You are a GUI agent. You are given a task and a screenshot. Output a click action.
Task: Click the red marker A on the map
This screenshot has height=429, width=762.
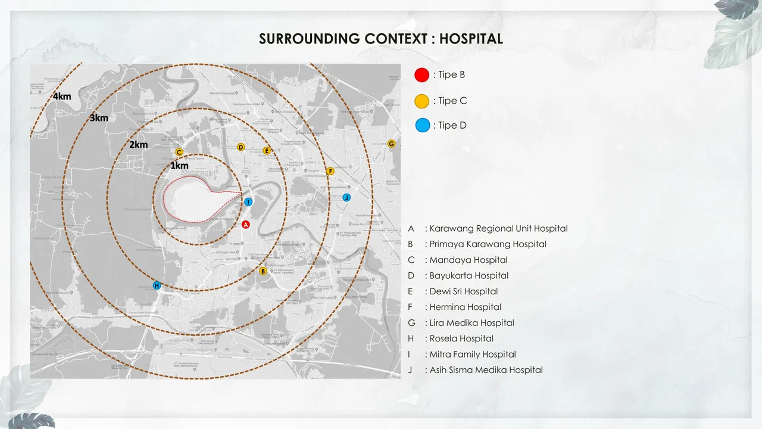tap(245, 225)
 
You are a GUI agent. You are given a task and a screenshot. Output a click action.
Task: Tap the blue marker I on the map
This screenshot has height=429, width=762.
tap(248, 202)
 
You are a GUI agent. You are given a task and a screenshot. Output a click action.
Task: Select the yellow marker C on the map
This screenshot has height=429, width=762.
tap(179, 152)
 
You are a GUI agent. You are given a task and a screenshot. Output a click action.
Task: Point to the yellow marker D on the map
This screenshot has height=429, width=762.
tap(241, 147)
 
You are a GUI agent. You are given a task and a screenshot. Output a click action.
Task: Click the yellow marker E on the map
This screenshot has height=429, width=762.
tap(267, 151)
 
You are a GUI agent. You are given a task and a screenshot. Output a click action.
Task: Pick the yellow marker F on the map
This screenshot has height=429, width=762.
tap(330, 171)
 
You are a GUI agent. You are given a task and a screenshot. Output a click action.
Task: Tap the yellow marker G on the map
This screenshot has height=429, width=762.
tap(391, 144)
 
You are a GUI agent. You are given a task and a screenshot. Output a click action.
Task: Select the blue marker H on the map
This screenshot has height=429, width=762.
tap(157, 285)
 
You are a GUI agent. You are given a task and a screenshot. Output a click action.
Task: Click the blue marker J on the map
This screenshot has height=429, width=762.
tap(346, 197)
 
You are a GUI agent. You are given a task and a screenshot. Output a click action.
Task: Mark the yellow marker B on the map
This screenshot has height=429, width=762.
tap(263, 271)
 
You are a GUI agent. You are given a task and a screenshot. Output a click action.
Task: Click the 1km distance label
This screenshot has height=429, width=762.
tap(179, 166)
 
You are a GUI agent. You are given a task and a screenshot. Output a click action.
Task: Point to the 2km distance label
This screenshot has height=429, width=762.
tap(138, 145)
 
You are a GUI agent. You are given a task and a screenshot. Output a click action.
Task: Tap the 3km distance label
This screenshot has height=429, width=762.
tap(99, 118)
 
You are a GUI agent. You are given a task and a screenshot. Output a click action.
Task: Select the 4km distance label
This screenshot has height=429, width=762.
tap(62, 97)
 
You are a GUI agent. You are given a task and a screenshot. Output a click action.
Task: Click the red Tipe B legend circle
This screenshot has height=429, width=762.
tap(421, 74)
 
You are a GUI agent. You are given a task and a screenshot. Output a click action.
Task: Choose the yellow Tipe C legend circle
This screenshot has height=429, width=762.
tap(421, 101)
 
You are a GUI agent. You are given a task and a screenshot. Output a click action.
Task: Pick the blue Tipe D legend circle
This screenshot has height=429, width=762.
tap(422, 125)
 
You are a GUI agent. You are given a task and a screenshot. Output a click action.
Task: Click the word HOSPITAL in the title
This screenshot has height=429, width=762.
tap(471, 39)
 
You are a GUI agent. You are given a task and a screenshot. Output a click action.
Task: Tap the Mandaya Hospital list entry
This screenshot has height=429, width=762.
tap(468, 260)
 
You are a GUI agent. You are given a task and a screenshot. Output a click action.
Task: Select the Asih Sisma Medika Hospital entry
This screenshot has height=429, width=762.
tap(486, 370)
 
